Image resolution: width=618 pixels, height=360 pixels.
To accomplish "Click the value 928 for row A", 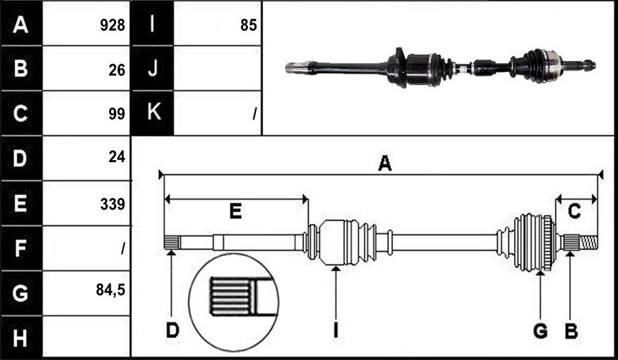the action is click(112, 25).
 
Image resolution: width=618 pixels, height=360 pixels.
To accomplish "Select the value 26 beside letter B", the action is click(117, 70).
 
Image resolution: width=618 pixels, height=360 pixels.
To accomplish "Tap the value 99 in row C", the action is click(117, 114).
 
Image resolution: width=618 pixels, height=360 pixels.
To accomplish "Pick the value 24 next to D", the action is click(117, 157).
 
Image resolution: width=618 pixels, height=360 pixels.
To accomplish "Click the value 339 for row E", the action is click(112, 204).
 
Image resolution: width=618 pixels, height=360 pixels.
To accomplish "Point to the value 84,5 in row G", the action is click(110, 290).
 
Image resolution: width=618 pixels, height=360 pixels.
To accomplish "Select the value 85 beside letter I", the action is click(248, 25).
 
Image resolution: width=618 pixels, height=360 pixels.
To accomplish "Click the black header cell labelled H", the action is click(21, 337).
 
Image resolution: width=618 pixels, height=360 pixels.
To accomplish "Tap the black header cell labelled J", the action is click(152, 68).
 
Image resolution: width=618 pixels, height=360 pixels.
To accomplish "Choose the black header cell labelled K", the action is click(152, 113).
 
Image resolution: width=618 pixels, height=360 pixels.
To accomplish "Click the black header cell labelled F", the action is click(21, 248).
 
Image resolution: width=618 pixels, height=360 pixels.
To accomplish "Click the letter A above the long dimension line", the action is click(385, 163).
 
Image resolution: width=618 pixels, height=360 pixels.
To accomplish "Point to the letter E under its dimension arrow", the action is click(235, 211).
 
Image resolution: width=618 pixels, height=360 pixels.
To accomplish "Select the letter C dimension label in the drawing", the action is click(574, 211).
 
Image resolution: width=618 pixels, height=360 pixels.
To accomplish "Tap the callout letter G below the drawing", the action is click(540, 331).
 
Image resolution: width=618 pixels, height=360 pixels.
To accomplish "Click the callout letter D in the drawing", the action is click(172, 330).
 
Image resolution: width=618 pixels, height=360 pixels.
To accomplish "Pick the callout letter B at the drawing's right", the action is click(571, 331).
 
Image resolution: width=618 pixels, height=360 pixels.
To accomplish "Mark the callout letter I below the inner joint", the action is click(335, 330).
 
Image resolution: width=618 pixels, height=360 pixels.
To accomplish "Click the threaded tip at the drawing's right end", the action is click(589, 242).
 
